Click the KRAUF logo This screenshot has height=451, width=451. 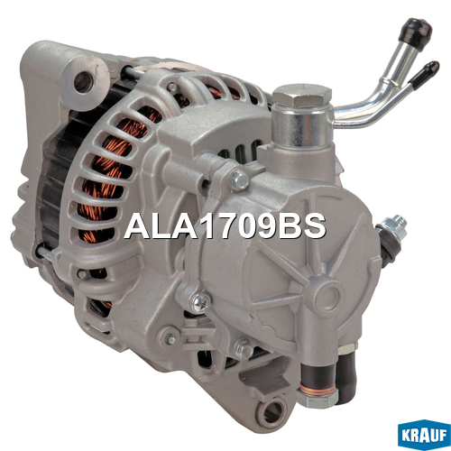(424, 435)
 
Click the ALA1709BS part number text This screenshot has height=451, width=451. (225, 226)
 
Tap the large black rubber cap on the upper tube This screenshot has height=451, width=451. (416, 32)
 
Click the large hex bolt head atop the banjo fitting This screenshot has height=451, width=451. (302, 97)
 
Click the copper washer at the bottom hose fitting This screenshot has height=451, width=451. (317, 390)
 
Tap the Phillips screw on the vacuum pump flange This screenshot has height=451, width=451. (201, 302)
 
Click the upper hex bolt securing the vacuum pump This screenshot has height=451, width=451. (239, 180)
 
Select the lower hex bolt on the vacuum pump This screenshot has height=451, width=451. (244, 349)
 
